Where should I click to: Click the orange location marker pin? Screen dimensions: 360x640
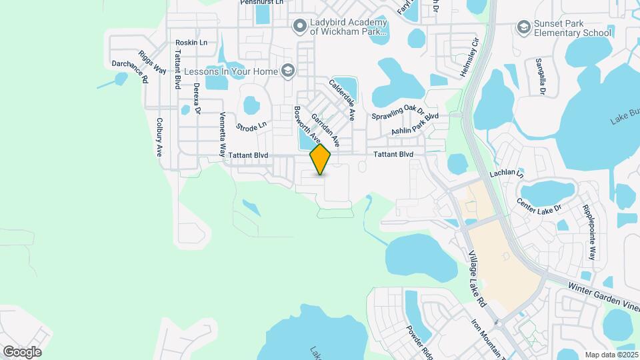pyautogui.click(x=320, y=159)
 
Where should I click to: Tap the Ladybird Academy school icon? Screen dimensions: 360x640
pyautogui.click(x=299, y=26)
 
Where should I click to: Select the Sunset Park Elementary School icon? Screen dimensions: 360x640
pyautogui.click(x=523, y=27)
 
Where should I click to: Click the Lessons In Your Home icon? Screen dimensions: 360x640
pyautogui.click(x=288, y=70)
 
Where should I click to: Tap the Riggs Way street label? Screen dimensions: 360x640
pyautogui.click(x=152, y=61)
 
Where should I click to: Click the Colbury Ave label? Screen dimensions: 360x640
pyautogui.click(x=159, y=137)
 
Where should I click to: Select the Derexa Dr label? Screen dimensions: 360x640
pyautogui.click(x=196, y=99)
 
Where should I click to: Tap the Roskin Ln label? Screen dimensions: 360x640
pyautogui.click(x=191, y=42)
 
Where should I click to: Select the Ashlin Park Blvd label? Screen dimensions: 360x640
pyautogui.click(x=415, y=123)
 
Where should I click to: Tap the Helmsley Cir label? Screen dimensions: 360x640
pyautogui.click(x=469, y=55)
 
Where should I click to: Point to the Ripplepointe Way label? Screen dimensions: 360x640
pyautogui.click(x=590, y=233)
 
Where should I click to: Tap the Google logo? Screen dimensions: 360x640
pyautogui.click(x=22, y=351)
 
